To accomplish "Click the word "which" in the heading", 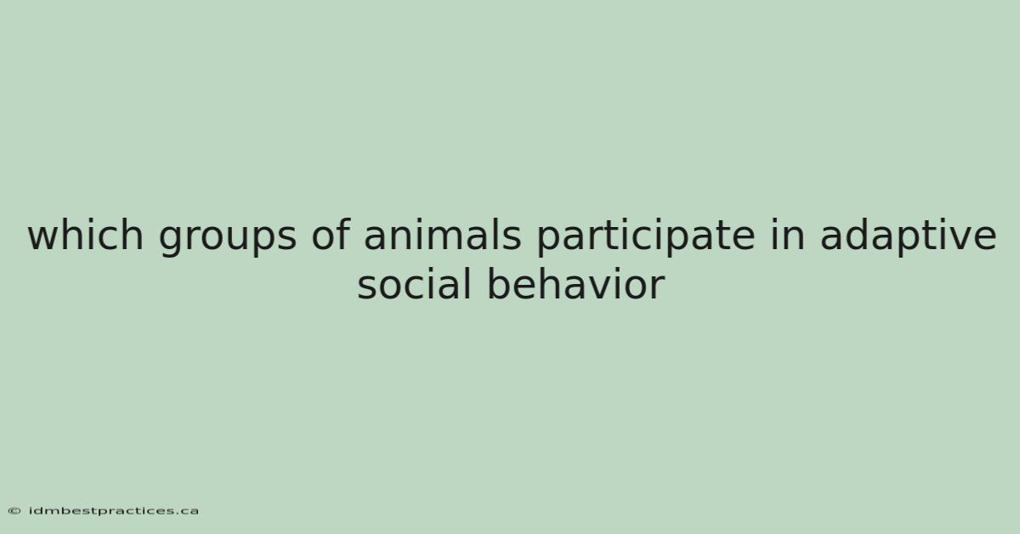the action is click(86, 235).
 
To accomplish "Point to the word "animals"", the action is click(443, 235).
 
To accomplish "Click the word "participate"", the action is click(645, 237).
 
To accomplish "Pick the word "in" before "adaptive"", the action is click(787, 235).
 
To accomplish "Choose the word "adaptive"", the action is click(909, 237).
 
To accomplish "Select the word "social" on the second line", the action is click(414, 284).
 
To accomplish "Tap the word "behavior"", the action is click(576, 284).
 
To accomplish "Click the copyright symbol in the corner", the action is click(14, 511).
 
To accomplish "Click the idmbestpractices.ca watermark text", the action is click(113, 511).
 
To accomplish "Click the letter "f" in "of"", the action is click(343, 234).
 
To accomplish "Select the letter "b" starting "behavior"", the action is click(499, 284).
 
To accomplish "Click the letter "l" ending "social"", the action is click(467, 283).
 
